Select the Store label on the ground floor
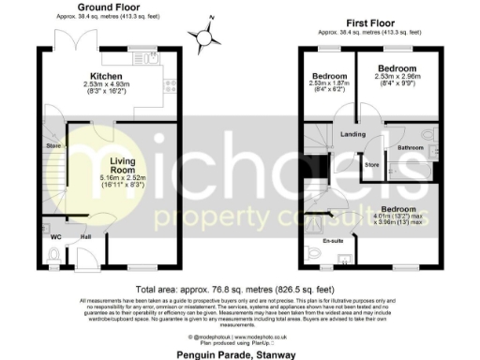pos(52,146)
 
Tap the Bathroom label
pos(410,148)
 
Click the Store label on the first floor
pos(371,166)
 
